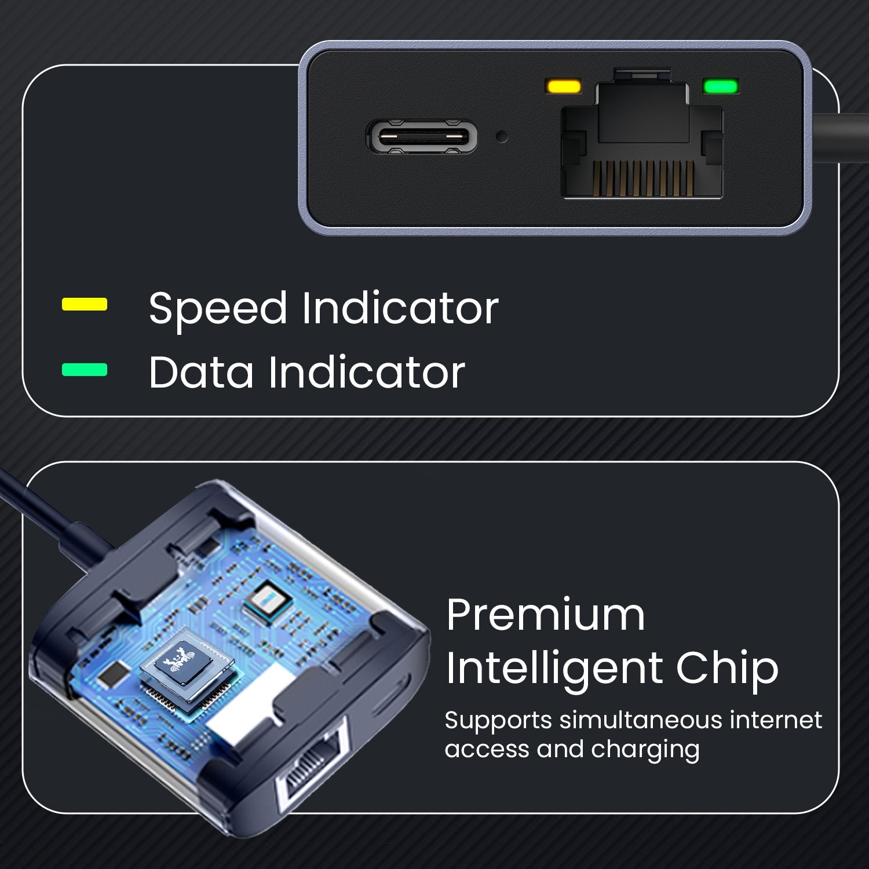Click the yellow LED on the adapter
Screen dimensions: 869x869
coord(564,87)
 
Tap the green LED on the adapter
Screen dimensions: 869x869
coord(720,87)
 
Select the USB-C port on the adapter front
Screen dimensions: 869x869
coord(422,137)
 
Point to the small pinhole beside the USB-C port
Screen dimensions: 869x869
coord(502,137)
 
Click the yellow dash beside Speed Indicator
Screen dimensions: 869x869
coord(85,304)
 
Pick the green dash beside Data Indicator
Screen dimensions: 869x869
coord(85,370)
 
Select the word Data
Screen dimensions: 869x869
coord(201,372)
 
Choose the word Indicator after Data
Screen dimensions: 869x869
coord(367,372)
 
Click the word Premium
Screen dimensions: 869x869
coord(546,615)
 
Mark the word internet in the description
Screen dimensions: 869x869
coord(776,720)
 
